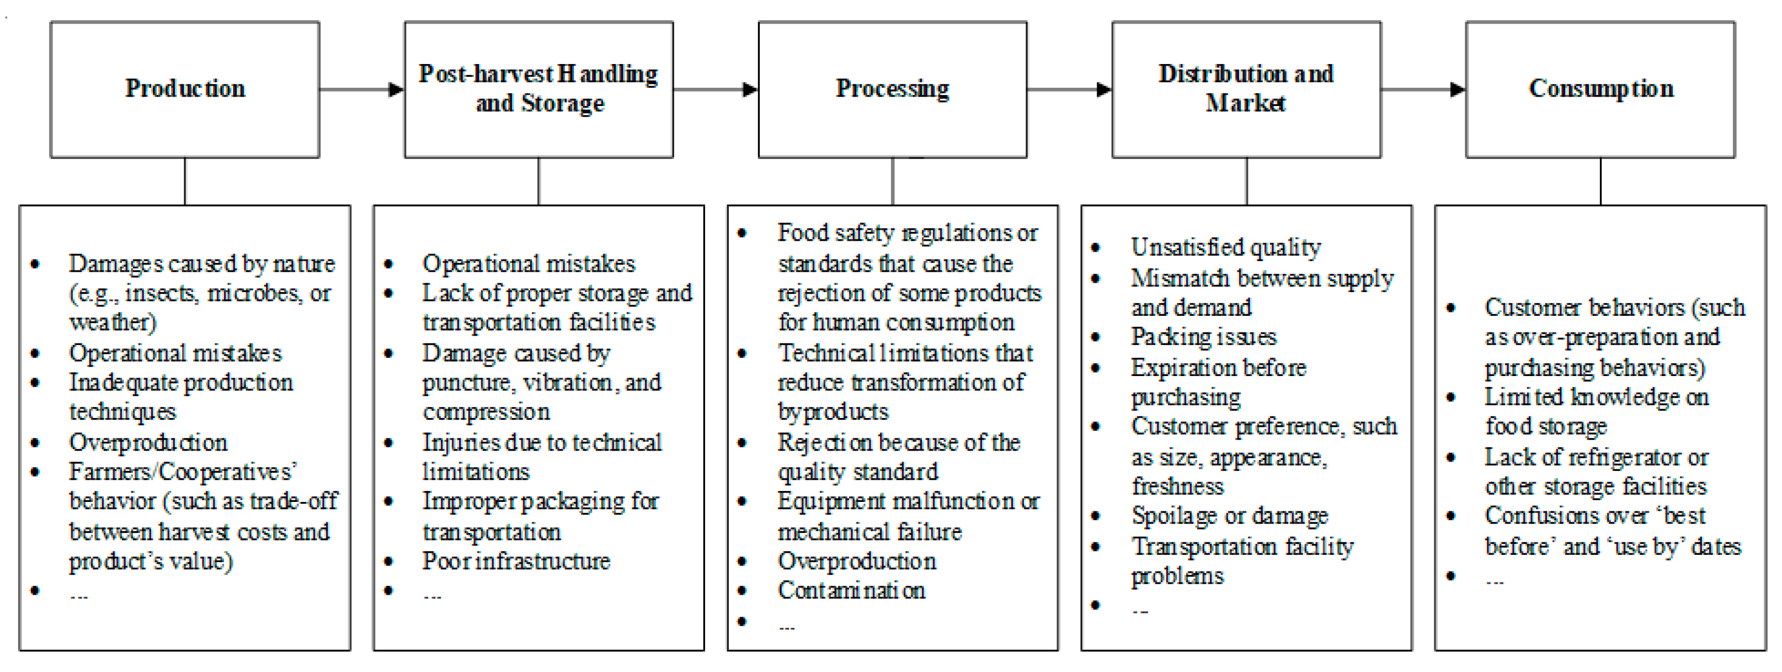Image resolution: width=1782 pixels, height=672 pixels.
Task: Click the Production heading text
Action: [185, 88]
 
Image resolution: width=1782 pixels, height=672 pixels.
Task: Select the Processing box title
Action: [893, 88]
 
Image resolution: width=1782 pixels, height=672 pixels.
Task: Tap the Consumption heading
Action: [1600, 88]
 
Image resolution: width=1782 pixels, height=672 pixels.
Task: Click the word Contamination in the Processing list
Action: [851, 590]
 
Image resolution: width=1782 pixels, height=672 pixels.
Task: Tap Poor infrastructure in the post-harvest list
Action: [516, 561]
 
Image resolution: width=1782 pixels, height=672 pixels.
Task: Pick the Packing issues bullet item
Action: [1204, 337]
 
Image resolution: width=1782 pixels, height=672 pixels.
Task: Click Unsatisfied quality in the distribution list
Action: [1226, 247]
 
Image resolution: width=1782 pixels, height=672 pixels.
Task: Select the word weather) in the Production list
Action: [113, 322]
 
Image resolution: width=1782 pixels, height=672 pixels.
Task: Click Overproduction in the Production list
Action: [148, 442]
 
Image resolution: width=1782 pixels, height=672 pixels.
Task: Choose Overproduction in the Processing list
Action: [856, 561]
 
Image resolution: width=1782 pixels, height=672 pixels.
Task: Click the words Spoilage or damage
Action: [1230, 516]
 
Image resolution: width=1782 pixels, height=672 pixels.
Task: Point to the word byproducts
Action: [833, 412]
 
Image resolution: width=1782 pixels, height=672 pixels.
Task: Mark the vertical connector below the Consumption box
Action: [1600, 181]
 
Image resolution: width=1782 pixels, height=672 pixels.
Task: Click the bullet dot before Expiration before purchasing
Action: [1096, 368]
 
